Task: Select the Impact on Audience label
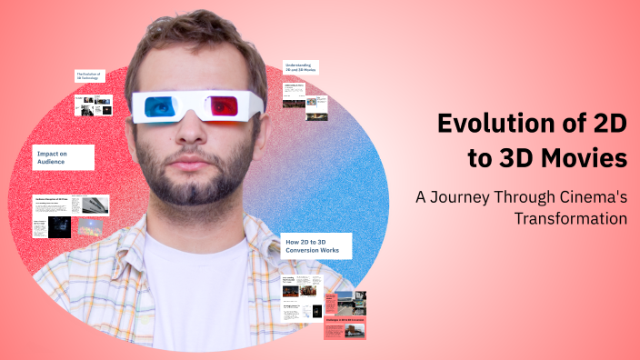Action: pos(64,158)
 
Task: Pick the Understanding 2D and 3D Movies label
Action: pos(304,69)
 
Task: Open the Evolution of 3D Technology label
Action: pos(89,76)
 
